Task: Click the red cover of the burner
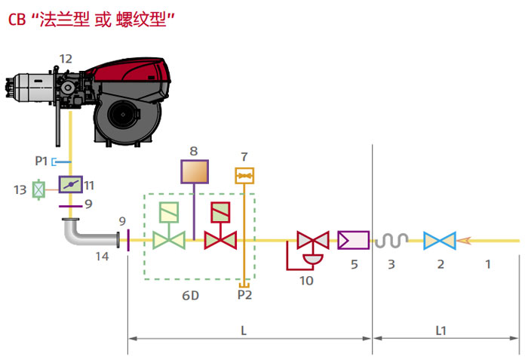[x=131, y=72]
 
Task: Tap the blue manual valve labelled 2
[x=440, y=241]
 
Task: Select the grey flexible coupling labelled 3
[x=391, y=240]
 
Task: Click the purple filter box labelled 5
[x=354, y=240]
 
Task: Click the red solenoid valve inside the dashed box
[x=220, y=226]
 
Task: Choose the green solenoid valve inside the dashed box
[x=169, y=226]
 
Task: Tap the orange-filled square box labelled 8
[x=195, y=171]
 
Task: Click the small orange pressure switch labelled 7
[x=244, y=176]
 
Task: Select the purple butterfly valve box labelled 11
[x=71, y=184]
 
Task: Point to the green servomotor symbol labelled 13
[x=38, y=189]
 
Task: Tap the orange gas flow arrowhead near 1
[x=464, y=241]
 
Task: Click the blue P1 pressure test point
[x=61, y=162]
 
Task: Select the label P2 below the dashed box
[x=244, y=295]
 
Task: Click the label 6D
[x=191, y=296]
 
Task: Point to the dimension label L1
[x=441, y=331]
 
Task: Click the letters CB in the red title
[x=17, y=20]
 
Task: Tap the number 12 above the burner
[x=66, y=59]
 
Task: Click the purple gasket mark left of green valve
[x=128, y=240]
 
